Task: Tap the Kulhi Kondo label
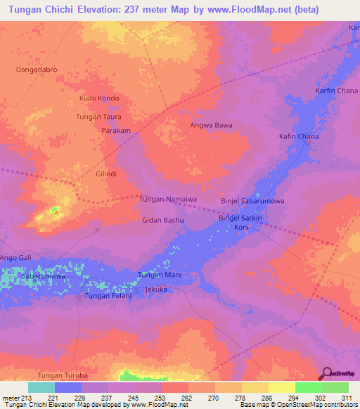99,98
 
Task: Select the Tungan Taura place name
98,117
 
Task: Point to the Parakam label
117,131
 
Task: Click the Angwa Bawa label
211,126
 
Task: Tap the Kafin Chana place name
299,136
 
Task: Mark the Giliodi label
109,173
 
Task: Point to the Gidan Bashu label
163,221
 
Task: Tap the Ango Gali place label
16,259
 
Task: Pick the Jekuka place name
155,289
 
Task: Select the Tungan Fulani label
108,296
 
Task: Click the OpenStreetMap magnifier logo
326,373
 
